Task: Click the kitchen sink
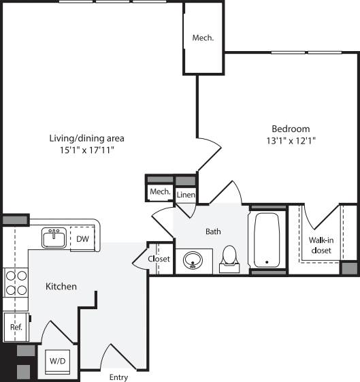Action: point(54,238)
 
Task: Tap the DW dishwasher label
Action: point(82,239)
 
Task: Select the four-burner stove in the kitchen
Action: point(16,283)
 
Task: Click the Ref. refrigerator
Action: point(16,327)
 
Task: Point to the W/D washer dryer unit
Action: point(58,362)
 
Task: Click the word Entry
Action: point(119,377)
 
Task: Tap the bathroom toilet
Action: point(229,259)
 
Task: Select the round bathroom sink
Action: point(193,260)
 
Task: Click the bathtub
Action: point(267,240)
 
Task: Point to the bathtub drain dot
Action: point(267,262)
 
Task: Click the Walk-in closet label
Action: point(321,245)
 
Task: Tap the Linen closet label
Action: point(186,195)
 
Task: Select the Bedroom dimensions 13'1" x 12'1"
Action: point(291,141)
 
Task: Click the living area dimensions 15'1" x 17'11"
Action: point(87,150)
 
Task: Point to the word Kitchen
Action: point(61,287)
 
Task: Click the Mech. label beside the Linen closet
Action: point(160,192)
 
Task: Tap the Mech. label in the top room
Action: point(203,37)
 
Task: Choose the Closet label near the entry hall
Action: point(159,259)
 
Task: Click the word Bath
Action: point(213,232)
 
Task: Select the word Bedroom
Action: point(291,129)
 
